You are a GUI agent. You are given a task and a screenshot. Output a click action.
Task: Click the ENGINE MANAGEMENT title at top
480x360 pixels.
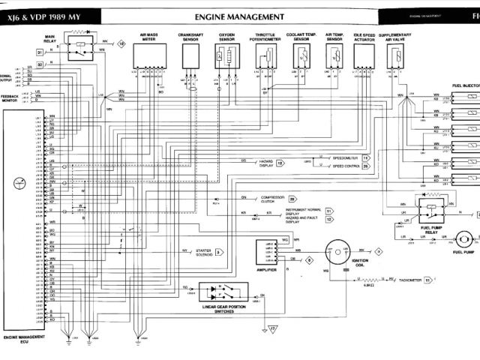(x=238, y=16)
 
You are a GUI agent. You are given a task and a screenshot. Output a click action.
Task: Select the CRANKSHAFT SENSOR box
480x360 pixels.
(x=188, y=57)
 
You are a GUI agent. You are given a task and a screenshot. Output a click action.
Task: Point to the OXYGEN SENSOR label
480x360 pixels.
(x=226, y=36)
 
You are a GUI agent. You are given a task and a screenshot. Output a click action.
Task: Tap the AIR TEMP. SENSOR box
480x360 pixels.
(x=334, y=56)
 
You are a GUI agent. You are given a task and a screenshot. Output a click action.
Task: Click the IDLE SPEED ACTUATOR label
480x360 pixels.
(x=366, y=36)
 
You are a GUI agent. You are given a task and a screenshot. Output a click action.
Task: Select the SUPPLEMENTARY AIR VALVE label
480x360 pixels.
(x=396, y=36)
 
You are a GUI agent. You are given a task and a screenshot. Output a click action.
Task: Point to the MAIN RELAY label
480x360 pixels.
(x=53, y=37)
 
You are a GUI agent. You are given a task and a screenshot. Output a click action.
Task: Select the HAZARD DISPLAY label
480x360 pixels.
(x=267, y=163)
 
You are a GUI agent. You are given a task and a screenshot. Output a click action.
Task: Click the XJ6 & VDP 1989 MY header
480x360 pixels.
(x=47, y=16)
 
